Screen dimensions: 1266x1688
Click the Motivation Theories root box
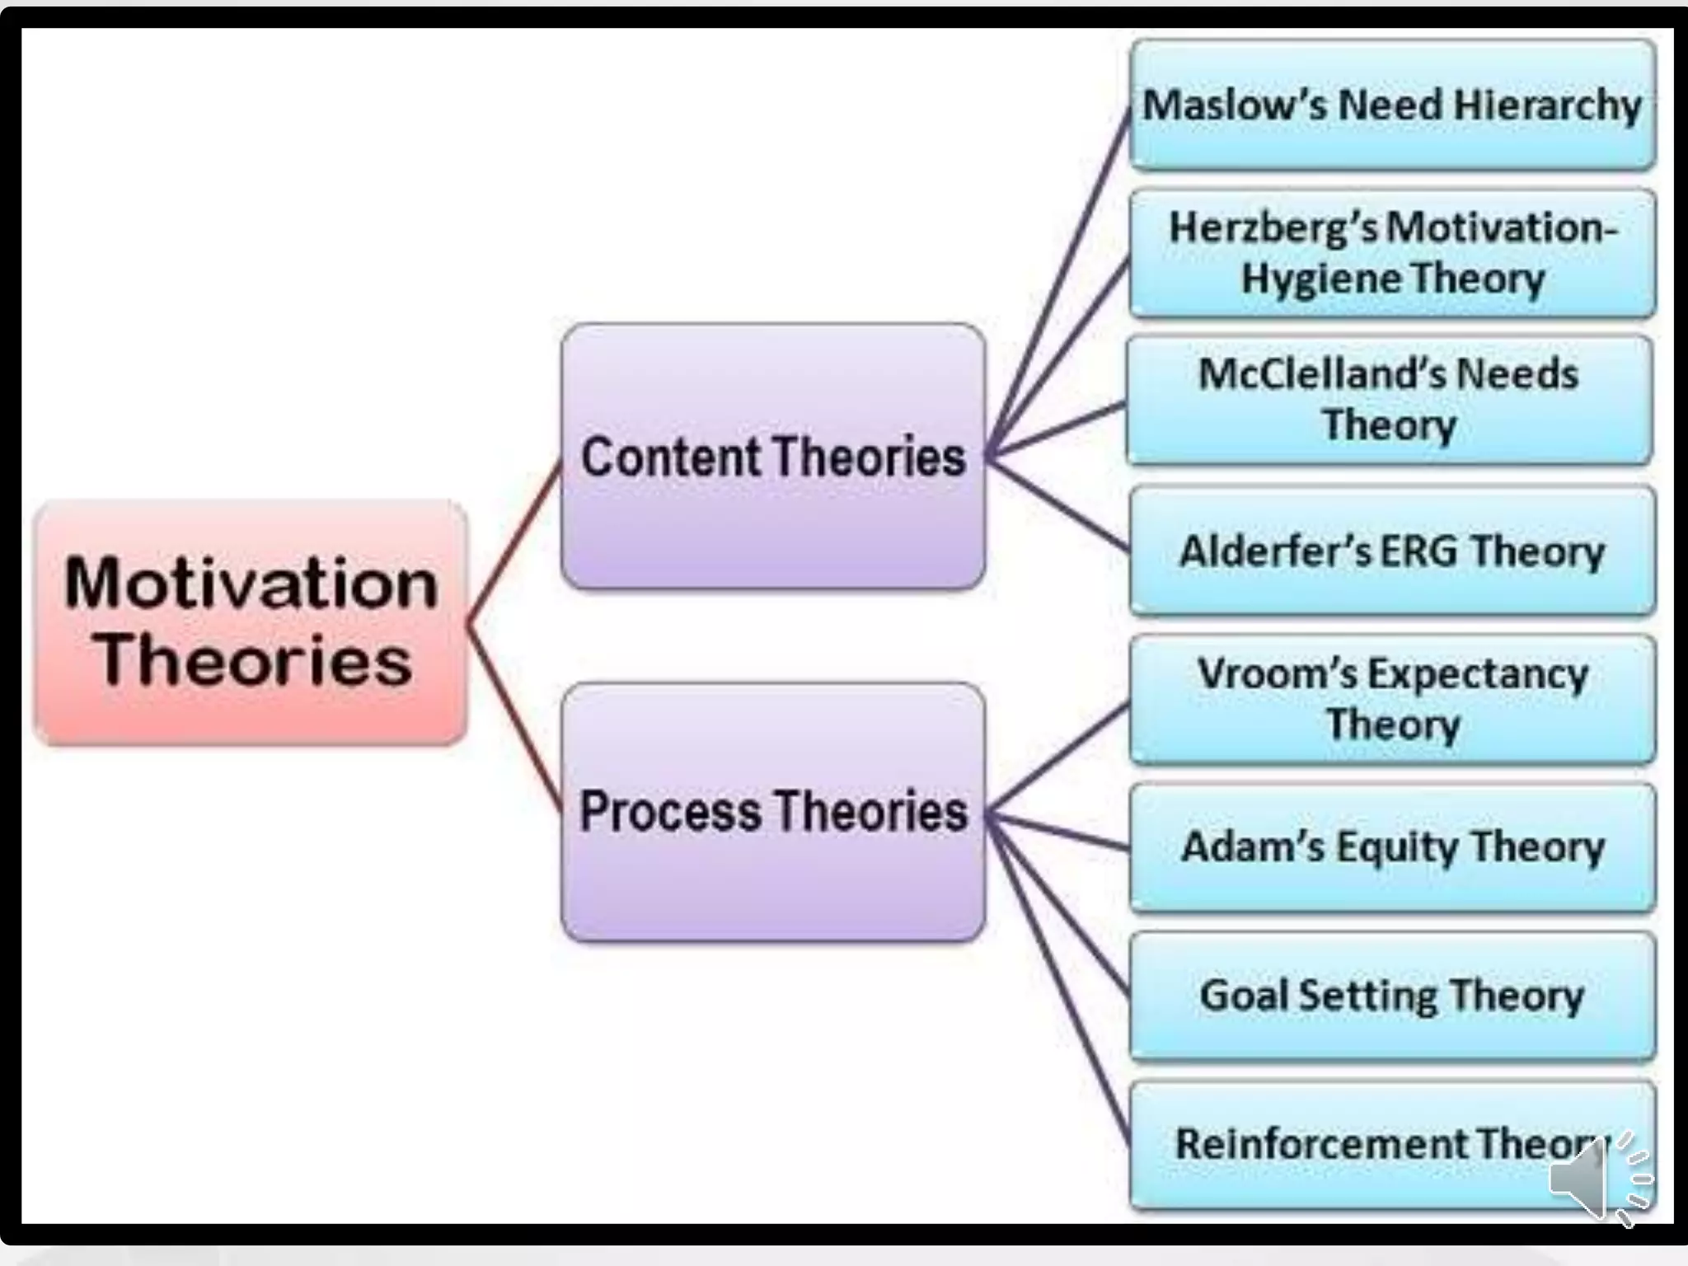coord(251,622)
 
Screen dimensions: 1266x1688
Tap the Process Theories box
coord(772,812)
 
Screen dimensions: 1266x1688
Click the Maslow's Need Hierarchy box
coord(1392,105)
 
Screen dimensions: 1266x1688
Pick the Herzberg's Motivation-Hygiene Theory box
coord(1392,253)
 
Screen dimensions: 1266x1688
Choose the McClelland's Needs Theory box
coord(1389,400)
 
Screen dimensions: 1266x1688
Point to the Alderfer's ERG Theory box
coord(1392,551)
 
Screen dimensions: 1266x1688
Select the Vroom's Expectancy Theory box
coord(1392,699)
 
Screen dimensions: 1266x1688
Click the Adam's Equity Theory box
coord(1392,847)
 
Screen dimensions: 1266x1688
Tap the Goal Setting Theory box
coord(1392,996)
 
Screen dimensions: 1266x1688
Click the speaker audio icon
coord(1595,1177)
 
